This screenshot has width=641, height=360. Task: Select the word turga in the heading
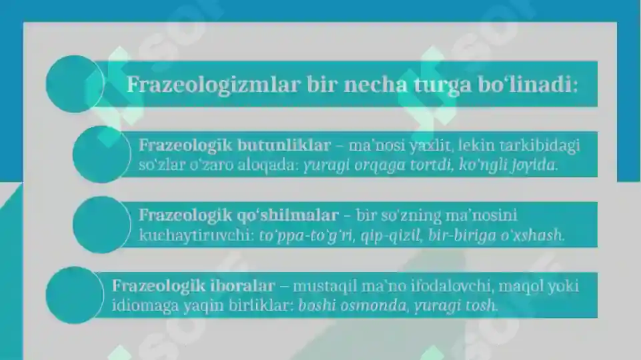tap(453, 85)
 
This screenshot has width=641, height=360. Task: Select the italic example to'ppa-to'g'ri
tap(300, 235)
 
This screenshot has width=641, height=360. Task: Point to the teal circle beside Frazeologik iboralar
tap(75, 295)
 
